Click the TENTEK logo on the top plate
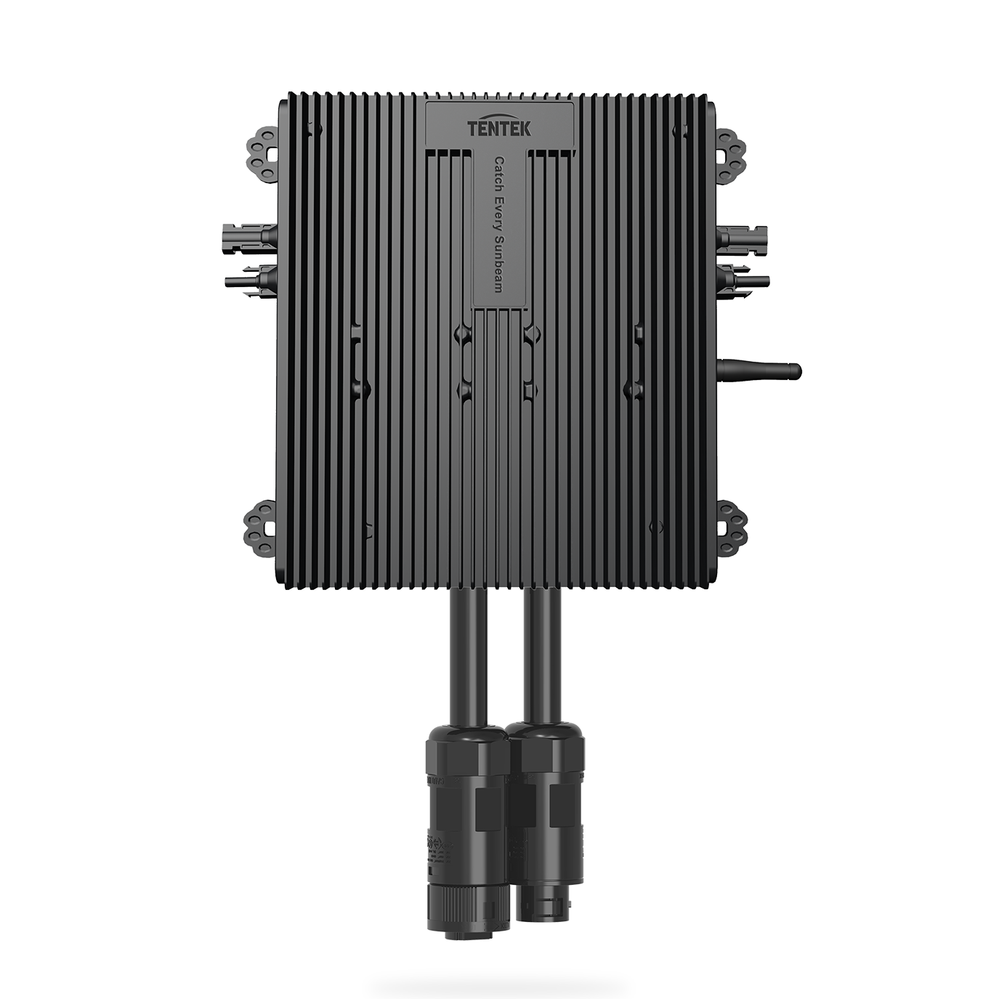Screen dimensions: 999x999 point(500,129)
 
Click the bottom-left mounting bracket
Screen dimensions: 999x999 point(259,525)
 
